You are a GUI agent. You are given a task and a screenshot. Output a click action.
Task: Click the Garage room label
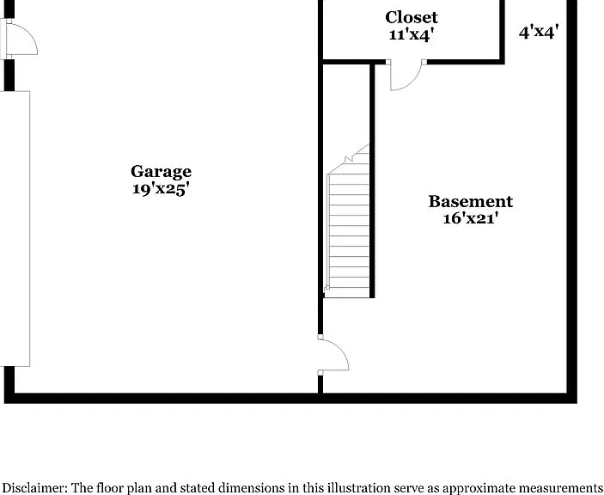[161, 172]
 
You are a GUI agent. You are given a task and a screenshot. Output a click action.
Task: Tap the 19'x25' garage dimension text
[161, 189]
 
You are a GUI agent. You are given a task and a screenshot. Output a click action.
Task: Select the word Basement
[471, 201]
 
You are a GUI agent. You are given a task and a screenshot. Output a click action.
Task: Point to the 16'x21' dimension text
[471, 218]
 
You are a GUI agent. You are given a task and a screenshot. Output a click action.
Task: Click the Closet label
[412, 17]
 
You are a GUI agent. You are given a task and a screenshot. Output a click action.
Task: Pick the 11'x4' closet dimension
[412, 34]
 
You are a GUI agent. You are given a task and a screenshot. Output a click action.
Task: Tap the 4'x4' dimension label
[539, 32]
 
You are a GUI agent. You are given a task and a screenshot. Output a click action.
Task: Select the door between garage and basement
[333, 354]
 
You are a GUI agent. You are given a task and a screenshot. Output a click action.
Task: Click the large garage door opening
[15, 229]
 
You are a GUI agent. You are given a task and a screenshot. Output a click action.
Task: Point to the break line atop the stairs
[348, 159]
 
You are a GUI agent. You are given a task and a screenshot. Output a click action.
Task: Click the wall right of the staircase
[372, 180]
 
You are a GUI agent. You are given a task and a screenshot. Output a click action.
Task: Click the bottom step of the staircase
[348, 292]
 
